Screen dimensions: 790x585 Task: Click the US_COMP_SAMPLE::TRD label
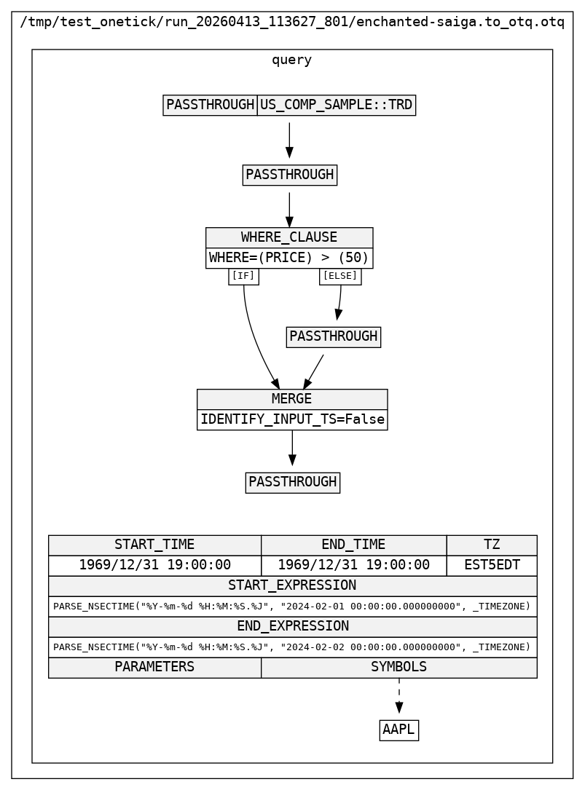click(336, 105)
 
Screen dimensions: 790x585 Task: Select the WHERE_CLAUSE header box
click(289, 237)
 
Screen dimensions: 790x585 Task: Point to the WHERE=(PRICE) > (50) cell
click(289, 258)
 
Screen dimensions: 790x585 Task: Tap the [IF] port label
click(243, 276)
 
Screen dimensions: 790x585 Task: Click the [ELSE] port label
click(340, 276)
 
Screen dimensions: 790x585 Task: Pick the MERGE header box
click(291, 399)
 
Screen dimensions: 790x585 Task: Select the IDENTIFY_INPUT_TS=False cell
click(291, 419)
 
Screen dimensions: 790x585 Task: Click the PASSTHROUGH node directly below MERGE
click(292, 482)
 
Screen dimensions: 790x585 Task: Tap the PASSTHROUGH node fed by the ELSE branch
click(334, 336)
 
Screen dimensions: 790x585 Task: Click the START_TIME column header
click(154, 545)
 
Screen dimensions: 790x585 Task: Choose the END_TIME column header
click(353, 545)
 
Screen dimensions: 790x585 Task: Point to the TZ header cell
click(492, 545)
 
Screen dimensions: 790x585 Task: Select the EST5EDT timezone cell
click(492, 565)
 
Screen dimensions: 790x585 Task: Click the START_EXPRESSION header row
click(292, 585)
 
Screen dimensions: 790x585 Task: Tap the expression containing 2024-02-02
click(292, 647)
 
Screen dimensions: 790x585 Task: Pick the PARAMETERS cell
click(154, 667)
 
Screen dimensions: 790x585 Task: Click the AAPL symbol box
click(398, 730)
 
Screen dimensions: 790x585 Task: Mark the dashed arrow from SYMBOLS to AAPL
click(398, 695)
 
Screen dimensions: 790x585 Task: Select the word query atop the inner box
click(291, 60)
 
